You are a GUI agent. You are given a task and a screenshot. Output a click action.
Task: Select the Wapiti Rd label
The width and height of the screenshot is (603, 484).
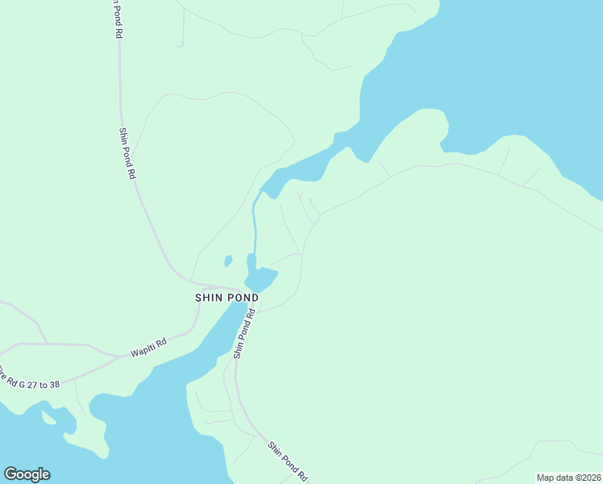[x=148, y=348]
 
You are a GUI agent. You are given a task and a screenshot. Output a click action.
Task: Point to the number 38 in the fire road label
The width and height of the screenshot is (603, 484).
[x=53, y=384]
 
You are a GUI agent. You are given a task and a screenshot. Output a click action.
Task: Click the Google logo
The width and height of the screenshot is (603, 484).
[x=27, y=474]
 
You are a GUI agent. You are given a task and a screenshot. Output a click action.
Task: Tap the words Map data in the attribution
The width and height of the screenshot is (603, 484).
[x=555, y=477]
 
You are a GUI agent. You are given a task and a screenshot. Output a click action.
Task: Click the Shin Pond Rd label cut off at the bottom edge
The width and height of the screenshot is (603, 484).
[x=288, y=462]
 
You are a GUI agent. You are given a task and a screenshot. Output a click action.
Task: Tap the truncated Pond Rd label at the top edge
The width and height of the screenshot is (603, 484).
[x=117, y=18]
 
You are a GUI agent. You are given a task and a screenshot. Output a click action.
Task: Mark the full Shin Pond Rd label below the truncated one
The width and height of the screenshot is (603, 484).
[x=127, y=153]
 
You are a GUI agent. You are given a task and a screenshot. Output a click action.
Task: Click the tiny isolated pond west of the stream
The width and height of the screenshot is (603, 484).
[x=228, y=261]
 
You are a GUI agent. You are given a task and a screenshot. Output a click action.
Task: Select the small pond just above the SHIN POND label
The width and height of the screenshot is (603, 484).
[x=261, y=278]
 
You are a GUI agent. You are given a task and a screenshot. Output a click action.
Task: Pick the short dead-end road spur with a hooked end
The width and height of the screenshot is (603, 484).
[x=182, y=28]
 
